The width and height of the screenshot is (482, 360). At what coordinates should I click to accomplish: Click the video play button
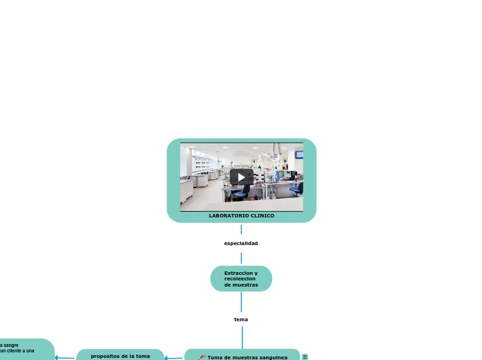pyautogui.click(x=241, y=177)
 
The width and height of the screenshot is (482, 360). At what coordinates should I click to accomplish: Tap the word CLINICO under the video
pyautogui.click(x=262, y=216)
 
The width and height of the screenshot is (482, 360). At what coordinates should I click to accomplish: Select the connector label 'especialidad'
pyautogui.click(x=241, y=244)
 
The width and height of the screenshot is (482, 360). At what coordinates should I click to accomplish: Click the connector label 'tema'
pyautogui.click(x=241, y=320)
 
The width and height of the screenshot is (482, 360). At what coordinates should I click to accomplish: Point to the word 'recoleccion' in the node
pyautogui.click(x=240, y=279)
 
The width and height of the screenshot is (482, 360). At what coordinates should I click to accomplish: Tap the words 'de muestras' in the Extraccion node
pyautogui.click(x=241, y=285)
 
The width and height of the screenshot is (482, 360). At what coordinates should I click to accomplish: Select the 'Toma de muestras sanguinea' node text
pyautogui.click(x=247, y=357)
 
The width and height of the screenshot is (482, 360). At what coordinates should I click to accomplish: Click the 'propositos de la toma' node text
pyautogui.click(x=120, y=356)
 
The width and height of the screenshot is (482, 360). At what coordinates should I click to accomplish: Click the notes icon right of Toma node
pyautogui.click(x=305, y=357)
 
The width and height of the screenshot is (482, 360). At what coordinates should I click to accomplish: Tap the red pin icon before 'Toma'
pyautogui.click(x=202, y=357)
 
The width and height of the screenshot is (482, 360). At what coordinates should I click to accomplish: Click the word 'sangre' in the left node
pyautogui.click(x=10, y=345)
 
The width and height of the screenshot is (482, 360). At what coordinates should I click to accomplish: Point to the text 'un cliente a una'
pyautogui.click(x=17, y=351)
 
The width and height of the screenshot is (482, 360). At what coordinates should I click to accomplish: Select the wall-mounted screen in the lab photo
pyautogui.click(x=298, y=154)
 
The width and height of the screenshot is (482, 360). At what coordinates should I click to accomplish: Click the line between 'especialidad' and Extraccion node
pyautogui.click(x=241, y=258)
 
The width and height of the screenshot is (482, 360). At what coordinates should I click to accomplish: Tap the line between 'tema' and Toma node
pyautogui.click(x=242, y=336)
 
